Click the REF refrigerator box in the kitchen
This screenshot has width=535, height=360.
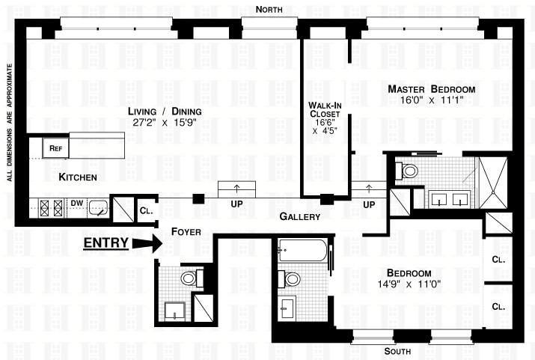pyautogui.click(x=55, y=147)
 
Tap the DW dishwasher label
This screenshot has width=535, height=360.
pyautogui.click(x=77, y=204)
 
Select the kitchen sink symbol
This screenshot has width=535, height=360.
pyautogui.click(x=99, y=207)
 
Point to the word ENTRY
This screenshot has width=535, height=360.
pyautogui.click(x=106, y=243)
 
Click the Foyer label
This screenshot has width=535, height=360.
pyautogui.click(x=186, y=232)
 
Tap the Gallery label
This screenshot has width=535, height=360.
pyautogui.click(x=299, y=216)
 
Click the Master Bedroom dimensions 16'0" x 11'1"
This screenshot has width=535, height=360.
pyautogui.click(x=432, y=100)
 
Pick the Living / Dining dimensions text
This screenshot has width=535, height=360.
pyautogui.click(x=165, y=122)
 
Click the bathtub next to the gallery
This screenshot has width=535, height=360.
pyautogui.click(x=303, y=251)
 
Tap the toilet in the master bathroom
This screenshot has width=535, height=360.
pyautogui.click(x=406, y=171)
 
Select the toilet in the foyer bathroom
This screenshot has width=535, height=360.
pyautogui.click(x=192, y=278)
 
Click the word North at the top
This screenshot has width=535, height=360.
pyautogui.click(x=269, y=9)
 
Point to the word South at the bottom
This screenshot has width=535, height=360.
pyautogui.click(x=397, y=351)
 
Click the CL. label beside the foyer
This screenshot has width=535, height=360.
pyautogui.click(x=147, y=210)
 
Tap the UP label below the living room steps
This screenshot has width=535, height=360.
pyautogui.click(x=236, y=204)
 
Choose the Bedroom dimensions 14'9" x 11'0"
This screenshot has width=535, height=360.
pyautogui.click(x=409, y=284)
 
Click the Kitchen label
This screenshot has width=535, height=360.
pyautogui.click(x=78, y=177)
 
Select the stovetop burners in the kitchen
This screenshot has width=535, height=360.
pyautogui.click(x=52, y=207)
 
